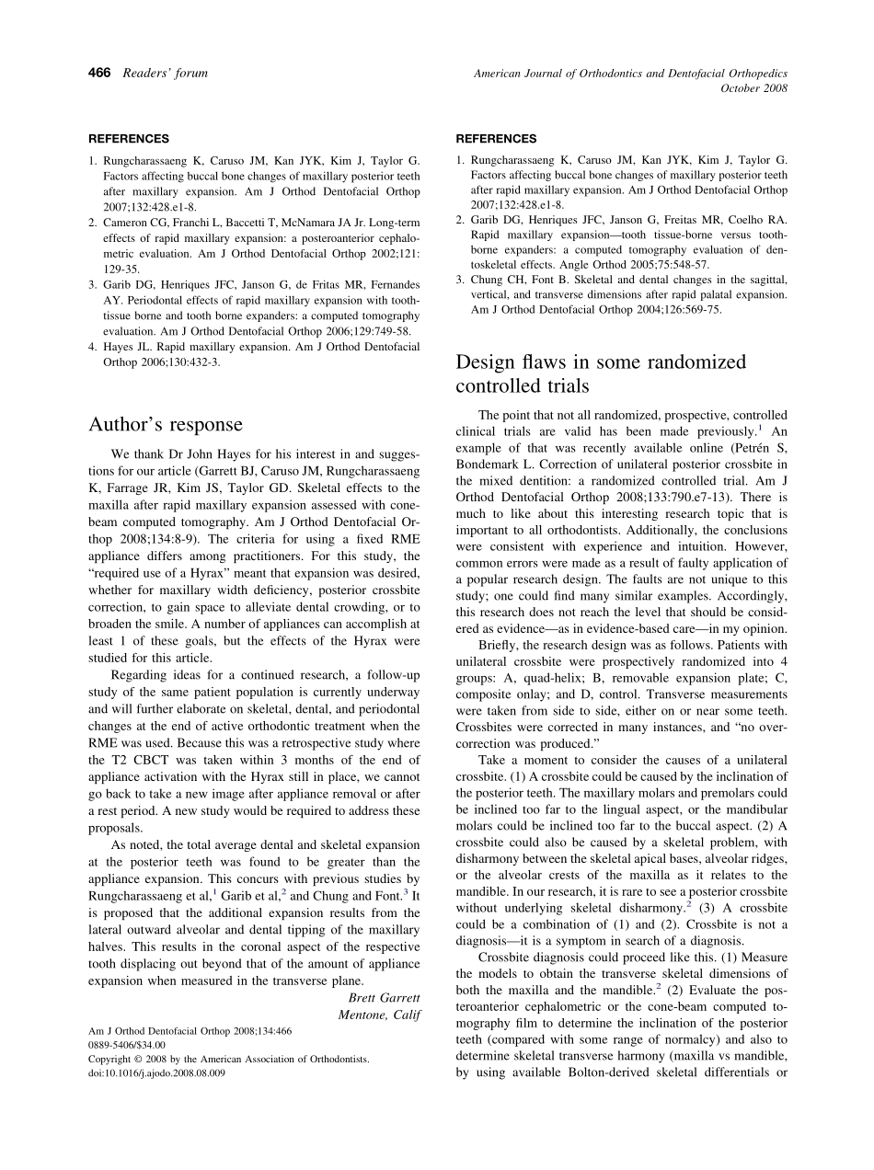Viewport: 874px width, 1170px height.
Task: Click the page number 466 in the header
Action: (x=99, y=74)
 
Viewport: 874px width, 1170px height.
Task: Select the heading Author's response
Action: (x=166, y=424)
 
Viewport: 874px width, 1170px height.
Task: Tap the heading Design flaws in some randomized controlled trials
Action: (x=601, y=373)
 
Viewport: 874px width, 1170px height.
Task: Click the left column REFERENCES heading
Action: (x=129, y=139)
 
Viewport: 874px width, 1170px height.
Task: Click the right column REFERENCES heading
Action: (x=496, y=139)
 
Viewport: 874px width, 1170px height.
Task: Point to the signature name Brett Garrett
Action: (x=384, y=997)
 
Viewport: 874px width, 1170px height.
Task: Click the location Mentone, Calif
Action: (x=379, y=1014)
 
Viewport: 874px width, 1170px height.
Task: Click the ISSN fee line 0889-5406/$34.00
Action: (x=127, y=1045)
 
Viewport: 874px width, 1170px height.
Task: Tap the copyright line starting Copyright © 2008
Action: (x=229, y=1059)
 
